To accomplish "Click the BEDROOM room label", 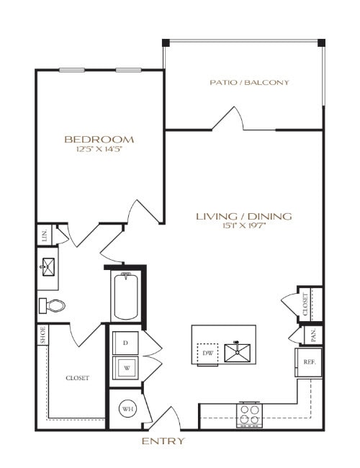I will click(99, 139).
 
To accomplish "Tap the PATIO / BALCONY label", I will click(250, 82).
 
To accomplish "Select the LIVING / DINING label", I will click(244, 216).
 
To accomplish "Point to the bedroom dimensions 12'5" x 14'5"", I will click(99, 150).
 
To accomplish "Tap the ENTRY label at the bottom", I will click(163, 441).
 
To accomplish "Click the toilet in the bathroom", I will click(52, 305).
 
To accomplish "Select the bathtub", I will click(125, 296).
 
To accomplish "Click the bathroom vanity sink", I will click(47, 266).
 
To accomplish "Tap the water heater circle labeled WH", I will click(127, 410).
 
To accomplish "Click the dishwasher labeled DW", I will click(208, 354).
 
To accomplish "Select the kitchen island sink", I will click(238, 352).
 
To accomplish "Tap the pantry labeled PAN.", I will click(314, 335).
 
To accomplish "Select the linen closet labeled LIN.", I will click(45, 235).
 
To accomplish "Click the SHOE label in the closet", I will click(42, 336).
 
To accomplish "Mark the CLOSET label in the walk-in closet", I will click(77, 377).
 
